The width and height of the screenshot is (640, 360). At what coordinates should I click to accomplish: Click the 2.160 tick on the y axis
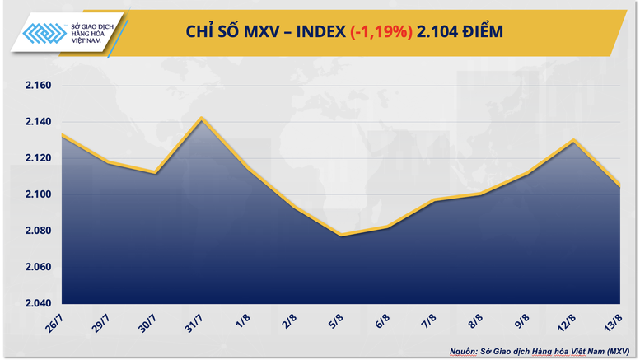click(x=34, y=86)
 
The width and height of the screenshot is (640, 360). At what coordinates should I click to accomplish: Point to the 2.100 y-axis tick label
click(x=34, y=194)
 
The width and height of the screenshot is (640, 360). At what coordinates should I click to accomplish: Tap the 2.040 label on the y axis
click(x=34, y=303)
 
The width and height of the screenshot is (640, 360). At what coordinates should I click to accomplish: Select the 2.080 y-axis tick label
click(x=34, y=231)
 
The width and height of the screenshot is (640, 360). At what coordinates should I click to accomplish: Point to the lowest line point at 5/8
click(x=340, y=236)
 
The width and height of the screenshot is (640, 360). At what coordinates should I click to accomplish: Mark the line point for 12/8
click(x=573, y=141)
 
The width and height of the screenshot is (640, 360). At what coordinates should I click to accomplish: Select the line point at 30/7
click(x=155, y=173)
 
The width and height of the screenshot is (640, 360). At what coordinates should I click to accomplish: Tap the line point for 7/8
click(x=433, y=200)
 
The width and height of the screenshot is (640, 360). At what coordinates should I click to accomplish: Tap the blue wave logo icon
click(x=44, y=32)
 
